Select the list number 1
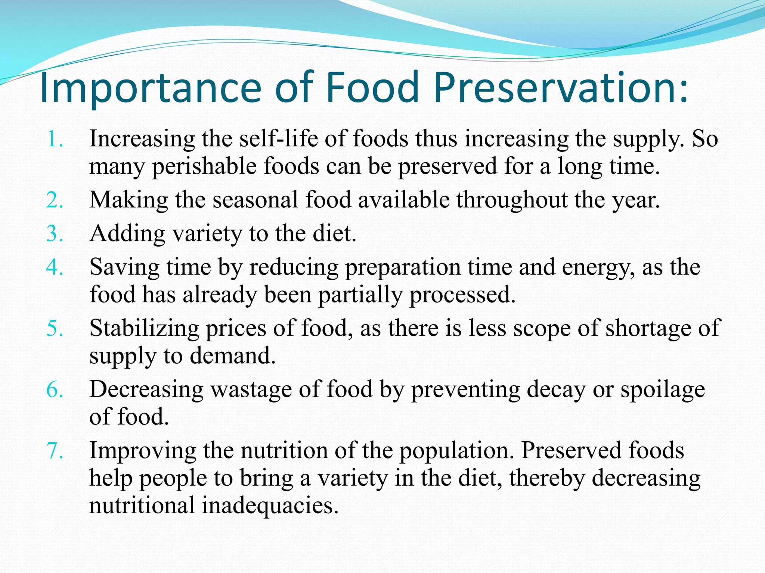tap(54, 140)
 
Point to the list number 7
tap(54, 451)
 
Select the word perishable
tap(204, 166)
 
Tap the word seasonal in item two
tap(255, 200)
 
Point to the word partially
tap(360, 295)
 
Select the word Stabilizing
tap(144, 329)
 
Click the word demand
tap(232, 356)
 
